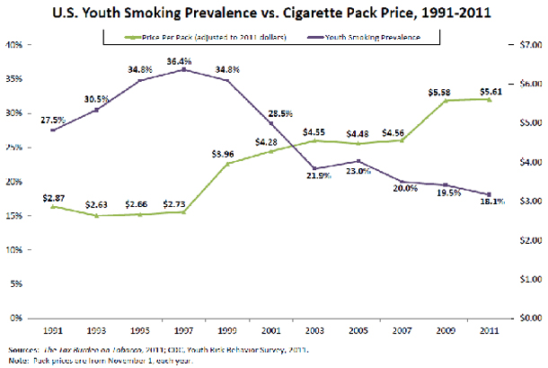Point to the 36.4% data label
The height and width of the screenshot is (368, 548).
(184, 60)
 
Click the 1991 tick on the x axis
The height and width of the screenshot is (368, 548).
(55, 329)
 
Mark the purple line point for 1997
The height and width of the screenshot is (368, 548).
(184, 69)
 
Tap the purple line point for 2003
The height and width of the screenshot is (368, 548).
(314, 168)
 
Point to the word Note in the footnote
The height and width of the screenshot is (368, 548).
(15, 359)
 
